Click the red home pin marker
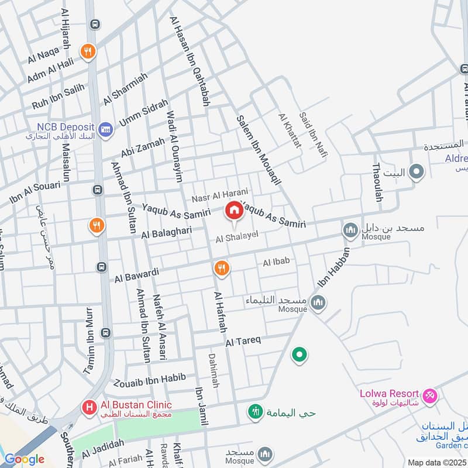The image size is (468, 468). (x=234, y=211)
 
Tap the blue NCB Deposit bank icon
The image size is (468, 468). (x=105, y=129)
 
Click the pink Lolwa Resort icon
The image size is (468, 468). (x=430, y=396)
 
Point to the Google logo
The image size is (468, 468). (x=24, y=459)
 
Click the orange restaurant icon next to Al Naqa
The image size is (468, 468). (x=88, y=51)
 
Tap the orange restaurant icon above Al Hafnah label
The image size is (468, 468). (x=222, y=269)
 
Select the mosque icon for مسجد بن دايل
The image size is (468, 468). (x=350, y=230)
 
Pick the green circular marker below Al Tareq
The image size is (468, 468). (x=300, y=355)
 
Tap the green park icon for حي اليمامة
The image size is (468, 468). (x=254, y=412)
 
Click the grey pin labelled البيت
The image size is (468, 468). (x=416, y=172)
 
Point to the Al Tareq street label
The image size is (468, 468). (x=242, y=341)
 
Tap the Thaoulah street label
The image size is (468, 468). (x=377, y=183)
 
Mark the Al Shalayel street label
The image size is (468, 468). (x=236, y=237)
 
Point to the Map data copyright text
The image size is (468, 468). (x=437, y=462)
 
